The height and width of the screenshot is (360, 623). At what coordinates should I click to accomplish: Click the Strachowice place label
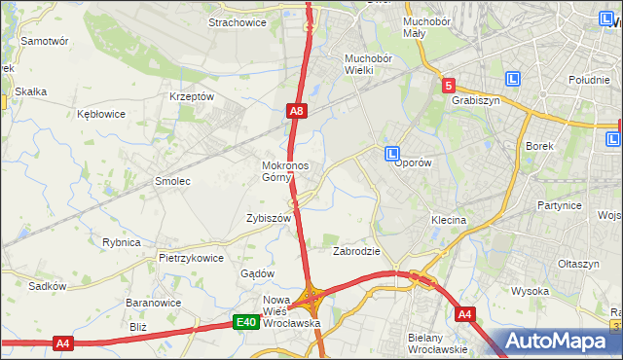pyautogui.click(x=238, y=23)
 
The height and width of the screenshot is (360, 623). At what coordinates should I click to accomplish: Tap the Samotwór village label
pyautogui.click(x=45, y=42)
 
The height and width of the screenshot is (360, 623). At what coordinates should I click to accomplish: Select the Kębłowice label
pyautogui.click(x=101, y=114)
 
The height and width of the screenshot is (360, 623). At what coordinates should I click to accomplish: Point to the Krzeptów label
pyautogui.click(x=191, y=97)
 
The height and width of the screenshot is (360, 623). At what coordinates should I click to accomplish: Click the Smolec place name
pyautogui.click(x=172, y=182)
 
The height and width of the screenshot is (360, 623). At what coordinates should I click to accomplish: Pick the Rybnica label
pyautogui.click(x=122, y=242)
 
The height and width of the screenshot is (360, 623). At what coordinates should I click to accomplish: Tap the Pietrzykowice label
pyautogui.click(x=192, y=259)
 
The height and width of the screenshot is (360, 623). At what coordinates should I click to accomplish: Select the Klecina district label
pyautogui.click(x=449, y=221)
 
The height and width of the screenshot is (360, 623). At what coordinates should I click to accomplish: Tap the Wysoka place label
pyautogui.click(x=531, y=291)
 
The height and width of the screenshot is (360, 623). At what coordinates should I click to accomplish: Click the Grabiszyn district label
pyautogui.click(x=476, y=99)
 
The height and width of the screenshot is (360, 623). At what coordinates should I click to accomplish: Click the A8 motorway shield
pyautogui.click(x=298, y=113)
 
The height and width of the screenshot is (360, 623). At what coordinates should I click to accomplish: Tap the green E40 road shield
pyautogui.click(x=246, y=323)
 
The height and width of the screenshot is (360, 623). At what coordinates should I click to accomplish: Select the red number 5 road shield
pyautogui.click(x=448, y=86)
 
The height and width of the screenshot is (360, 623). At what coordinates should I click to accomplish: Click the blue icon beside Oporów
pyautogui.click(x=391, y=154)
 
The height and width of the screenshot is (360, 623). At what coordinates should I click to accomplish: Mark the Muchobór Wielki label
pyautogui.click(x=368, y=64)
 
